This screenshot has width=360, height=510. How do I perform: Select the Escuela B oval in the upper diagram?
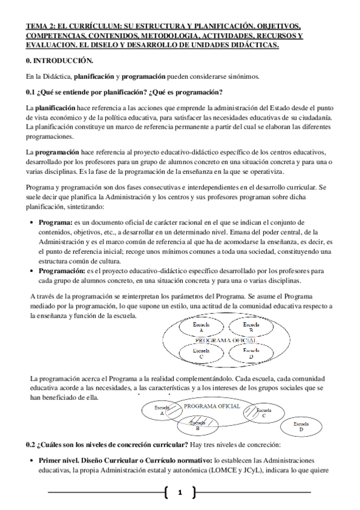click(x=246, y=328)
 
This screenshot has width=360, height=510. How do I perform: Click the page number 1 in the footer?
click(x=179, y=493)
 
